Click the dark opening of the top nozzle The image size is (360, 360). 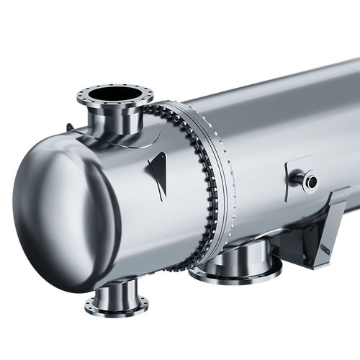(115, 94)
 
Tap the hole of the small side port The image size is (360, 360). (310, 181)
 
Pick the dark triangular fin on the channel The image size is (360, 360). (157, 175)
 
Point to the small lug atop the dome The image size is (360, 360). (70, 128)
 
